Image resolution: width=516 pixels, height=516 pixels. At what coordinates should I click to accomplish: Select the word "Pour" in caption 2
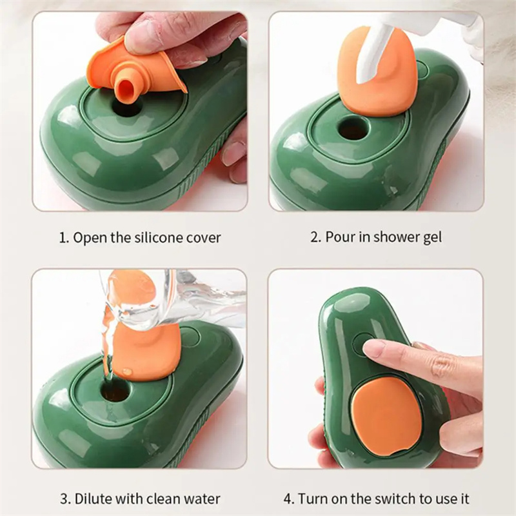point(339,237)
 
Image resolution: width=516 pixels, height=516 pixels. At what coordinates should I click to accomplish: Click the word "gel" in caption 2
point(432,237)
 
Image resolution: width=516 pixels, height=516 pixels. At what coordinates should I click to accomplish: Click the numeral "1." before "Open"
point(64,237)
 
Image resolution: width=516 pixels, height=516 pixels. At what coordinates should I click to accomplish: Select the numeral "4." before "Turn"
point(288,499)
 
